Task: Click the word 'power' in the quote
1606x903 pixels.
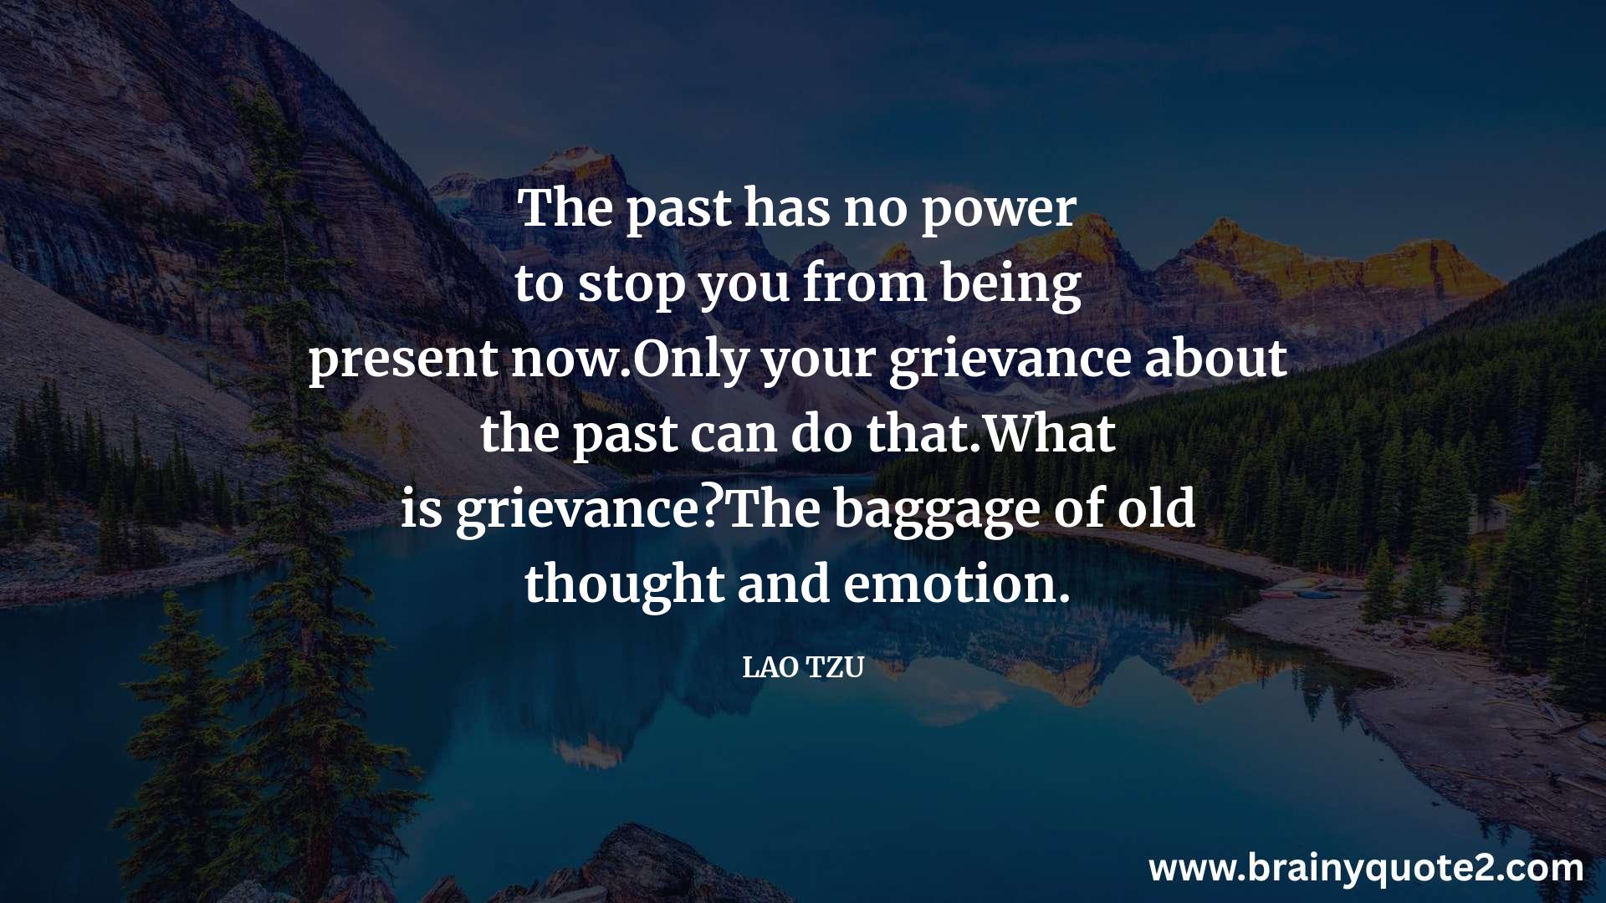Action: tap(998, 212)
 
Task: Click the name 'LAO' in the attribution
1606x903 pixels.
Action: tap(770, 668)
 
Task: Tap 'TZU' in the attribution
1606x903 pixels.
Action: tap(834, 668)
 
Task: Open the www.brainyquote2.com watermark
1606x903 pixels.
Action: tap(1366, 869)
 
